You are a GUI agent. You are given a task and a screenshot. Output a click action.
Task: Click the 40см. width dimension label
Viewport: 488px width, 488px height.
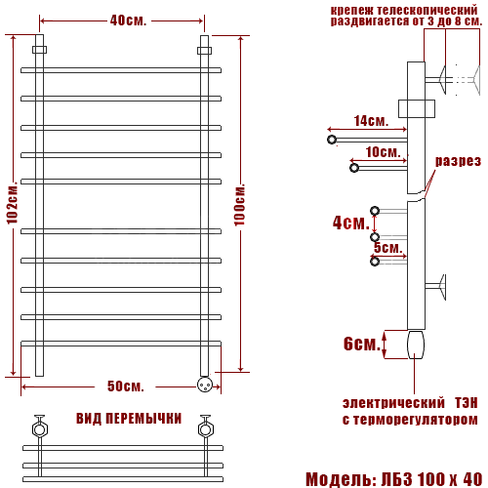(x=128, y=20)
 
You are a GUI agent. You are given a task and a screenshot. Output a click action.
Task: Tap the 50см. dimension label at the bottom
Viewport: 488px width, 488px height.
(x=126, y=386)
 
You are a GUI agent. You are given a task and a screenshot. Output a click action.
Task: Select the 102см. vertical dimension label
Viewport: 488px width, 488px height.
(x=13, y=205)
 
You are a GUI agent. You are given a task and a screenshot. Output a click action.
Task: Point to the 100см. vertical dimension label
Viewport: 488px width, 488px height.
(x=239, y=205)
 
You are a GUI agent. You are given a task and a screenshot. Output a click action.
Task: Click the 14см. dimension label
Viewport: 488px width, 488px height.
(x=371, y=121)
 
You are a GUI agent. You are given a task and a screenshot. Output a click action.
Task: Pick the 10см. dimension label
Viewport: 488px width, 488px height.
(x=383, y=152)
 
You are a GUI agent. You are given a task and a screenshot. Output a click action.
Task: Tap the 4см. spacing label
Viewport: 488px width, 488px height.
(x=351, y=223)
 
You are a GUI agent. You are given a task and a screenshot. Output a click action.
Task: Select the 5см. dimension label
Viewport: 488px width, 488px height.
(x=388, y=248)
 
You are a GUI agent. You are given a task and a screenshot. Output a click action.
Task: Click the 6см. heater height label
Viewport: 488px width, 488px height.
(x=362, y=344)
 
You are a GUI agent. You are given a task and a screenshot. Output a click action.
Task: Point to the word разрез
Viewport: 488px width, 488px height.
(x=458, y=161)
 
